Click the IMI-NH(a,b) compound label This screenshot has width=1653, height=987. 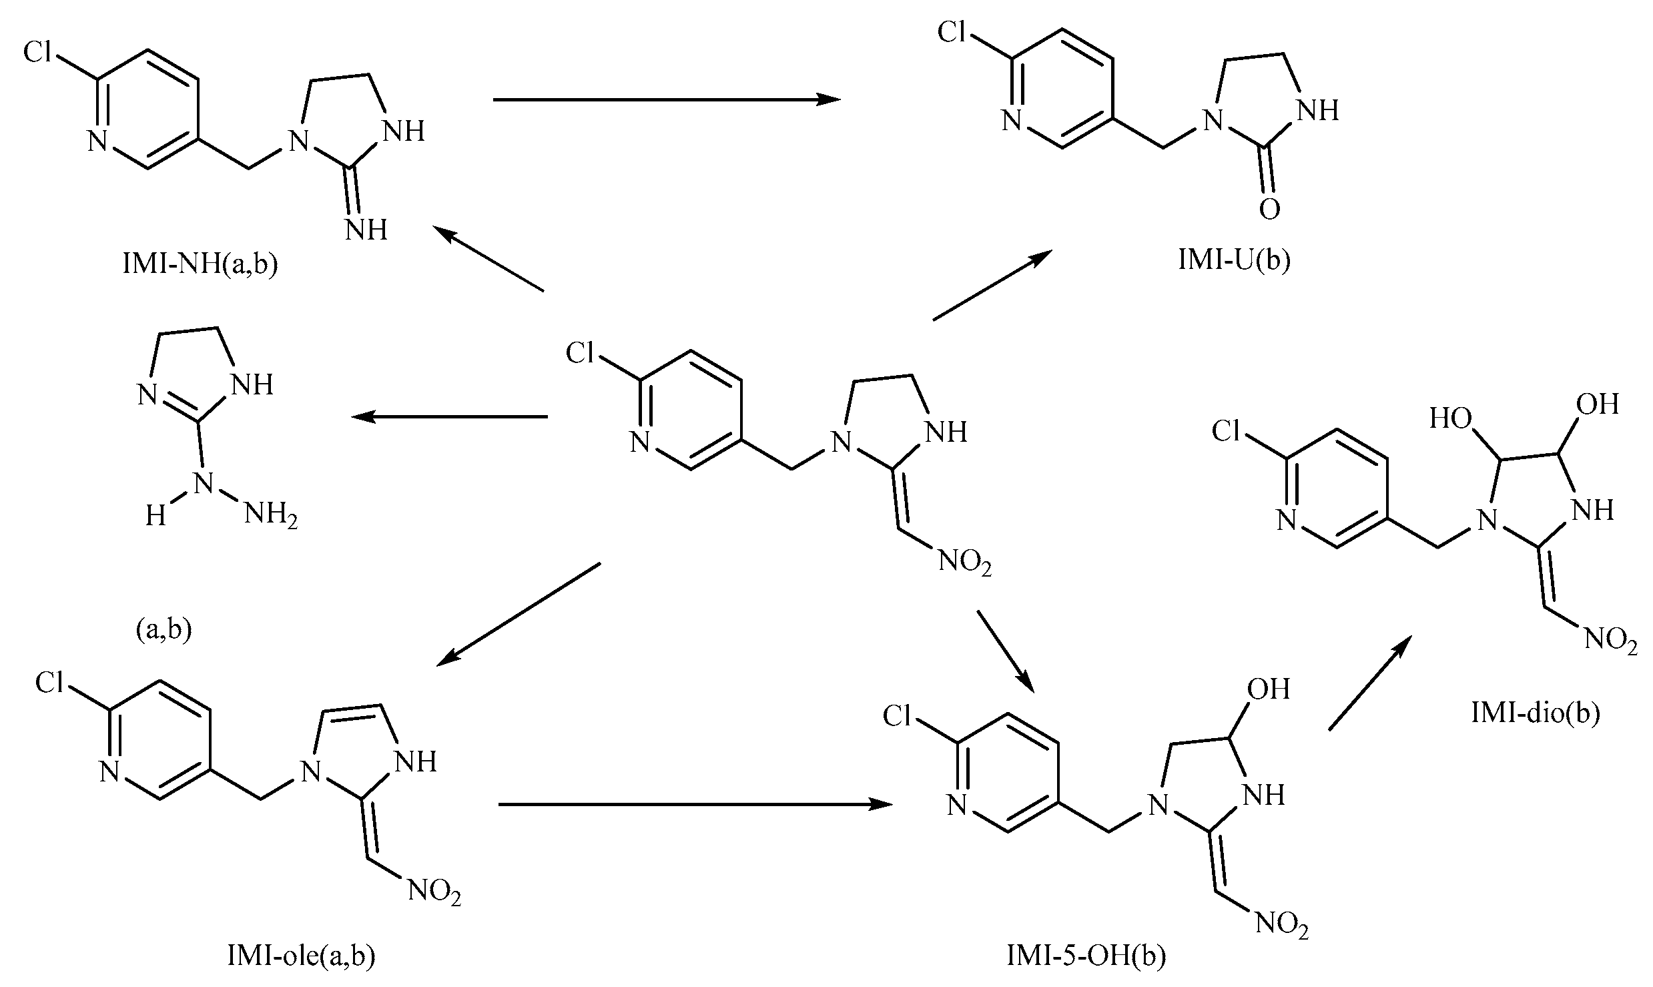(x=200, y=265)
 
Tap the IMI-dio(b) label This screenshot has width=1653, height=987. (x=1535, y=713)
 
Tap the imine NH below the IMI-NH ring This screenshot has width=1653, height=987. (x=366, y=230)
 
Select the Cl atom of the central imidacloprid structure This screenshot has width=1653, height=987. (x=579, y=352)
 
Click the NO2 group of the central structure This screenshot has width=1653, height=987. (x=965, y=563)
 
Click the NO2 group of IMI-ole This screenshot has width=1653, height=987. (x=434, y=892)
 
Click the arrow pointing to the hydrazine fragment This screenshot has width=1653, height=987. (x=450, y=417)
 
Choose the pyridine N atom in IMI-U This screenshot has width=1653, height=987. (x=1012, y=121)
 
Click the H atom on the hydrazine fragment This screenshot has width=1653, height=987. (x=155, y=516)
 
